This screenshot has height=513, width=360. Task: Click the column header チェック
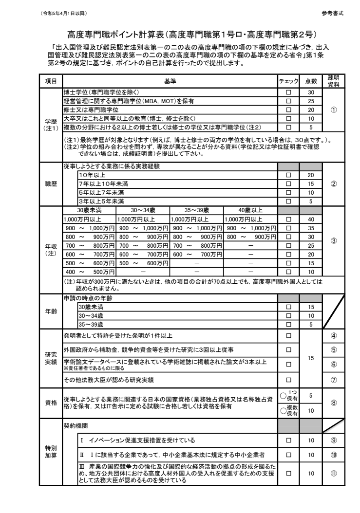click(288, 81)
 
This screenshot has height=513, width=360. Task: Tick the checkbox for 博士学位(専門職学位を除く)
click(288, 91)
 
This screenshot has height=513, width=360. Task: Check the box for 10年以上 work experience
click(288, 174)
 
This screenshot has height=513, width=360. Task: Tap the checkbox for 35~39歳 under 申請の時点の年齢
click(288, 324)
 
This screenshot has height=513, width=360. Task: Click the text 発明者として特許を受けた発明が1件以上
click(125, 336)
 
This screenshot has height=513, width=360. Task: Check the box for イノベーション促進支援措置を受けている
click(288, 440)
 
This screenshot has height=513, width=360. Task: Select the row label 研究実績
click(51, 357)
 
